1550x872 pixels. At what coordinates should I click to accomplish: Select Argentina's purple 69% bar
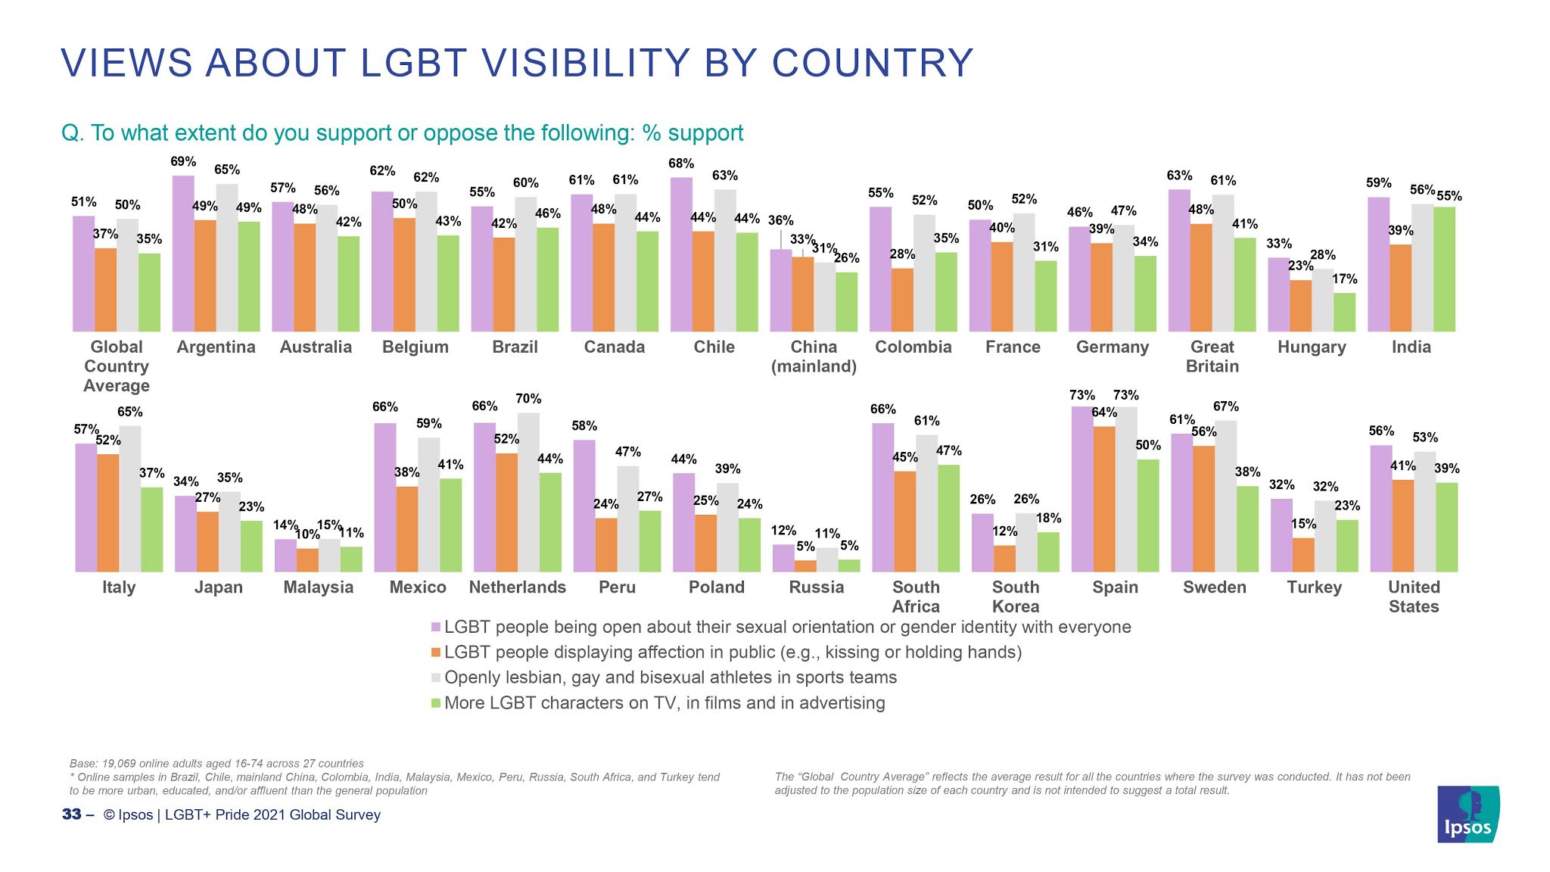click(x=183, y=254)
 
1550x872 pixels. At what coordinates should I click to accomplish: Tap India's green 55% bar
click(x=1444, y=269)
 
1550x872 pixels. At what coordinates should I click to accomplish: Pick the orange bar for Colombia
click(x=902, y=300)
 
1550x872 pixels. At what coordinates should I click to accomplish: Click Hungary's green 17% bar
click(x=1344, y=312)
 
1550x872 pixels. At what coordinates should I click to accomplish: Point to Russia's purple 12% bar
click(x=783, y=558)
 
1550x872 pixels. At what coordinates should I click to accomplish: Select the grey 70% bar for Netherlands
click(x=528, y=492)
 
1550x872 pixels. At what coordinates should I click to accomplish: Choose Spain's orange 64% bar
click(x=1104, y=499)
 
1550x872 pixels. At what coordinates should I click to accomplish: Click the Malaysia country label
click(x=318, y=587)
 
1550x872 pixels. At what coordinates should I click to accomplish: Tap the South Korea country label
click(x=1016, y=596)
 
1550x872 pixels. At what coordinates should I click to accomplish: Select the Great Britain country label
click(x=1212, y=357)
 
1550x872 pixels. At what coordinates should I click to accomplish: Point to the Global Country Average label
click(x=117, y=366)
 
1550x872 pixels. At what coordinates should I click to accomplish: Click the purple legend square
click(x=436, y=628)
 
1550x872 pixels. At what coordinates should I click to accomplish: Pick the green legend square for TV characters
click(x=436, y=703)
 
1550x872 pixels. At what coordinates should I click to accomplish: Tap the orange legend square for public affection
click(x=436, y=652)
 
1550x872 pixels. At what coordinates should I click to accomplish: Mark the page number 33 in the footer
click(x=71, y=814)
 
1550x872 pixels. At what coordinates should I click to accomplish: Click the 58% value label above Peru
click(x=584, y=426)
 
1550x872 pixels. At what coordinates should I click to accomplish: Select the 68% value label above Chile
click(x=681, y=163)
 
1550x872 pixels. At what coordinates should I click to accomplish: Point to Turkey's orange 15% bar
click(x=1303, y=555)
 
